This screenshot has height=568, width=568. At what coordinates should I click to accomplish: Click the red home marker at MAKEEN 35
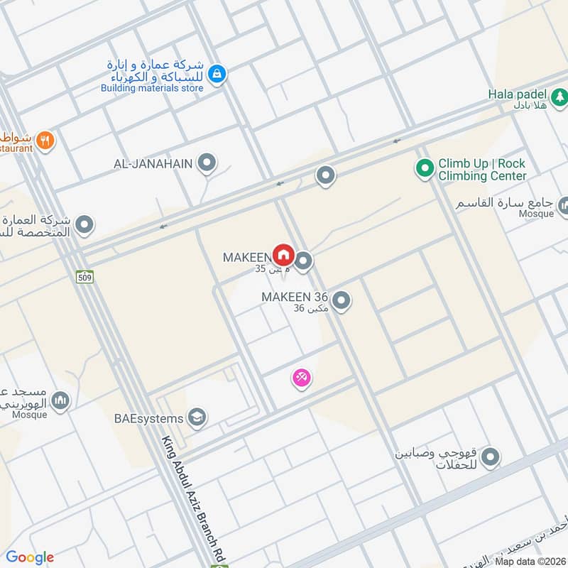coord(283,254)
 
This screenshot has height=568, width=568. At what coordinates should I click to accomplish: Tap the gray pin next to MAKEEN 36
coord(342,301)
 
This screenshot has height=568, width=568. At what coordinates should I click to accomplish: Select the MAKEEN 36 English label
coord(295,297)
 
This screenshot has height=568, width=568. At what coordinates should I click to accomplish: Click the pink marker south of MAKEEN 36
coord(302,378)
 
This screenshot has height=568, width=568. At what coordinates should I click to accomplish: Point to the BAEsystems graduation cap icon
coord(197,417)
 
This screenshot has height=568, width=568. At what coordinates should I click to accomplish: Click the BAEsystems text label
coord(149,418)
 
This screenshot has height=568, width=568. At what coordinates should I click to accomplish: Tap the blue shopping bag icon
coord(217,72)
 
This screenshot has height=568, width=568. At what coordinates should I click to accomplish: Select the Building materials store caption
coord(152,88)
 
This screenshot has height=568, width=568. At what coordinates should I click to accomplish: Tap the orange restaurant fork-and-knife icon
coord(45,140)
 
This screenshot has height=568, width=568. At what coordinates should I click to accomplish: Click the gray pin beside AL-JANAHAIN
coord(207,164)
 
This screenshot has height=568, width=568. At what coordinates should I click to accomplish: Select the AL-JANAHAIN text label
coord(153,164)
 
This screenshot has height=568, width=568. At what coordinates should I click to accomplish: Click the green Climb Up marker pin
coord(425,169)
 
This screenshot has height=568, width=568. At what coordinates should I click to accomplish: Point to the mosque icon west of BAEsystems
coord(61,401)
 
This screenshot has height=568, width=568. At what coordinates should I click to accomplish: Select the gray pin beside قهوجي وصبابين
coord(490,459)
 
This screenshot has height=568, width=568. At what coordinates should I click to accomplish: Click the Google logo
coord(30,557)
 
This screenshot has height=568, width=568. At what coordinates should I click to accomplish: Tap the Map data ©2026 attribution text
coord(529,561)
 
